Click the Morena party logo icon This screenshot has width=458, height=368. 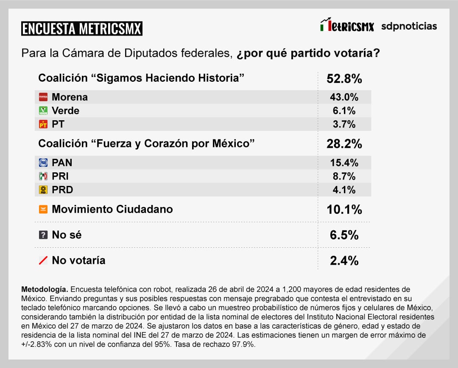click(x=43, y=97)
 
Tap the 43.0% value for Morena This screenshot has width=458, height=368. click(x=344, y=97)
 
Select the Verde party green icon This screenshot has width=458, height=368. click(x=43, y=111)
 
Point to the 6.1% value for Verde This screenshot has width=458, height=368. click(x=344, y=111)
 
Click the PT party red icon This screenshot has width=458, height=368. click(x=43, y=125)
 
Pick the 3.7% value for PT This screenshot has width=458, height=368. click(x=344, y=125)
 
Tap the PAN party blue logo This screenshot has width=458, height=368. click(x=43, y=163)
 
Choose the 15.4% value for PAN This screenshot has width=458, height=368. click(x=344, y=163)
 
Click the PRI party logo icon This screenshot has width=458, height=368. click(x=43, y=176)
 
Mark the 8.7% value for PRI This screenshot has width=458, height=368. click(x=344, y=176)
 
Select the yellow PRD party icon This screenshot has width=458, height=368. click(x=43, y=190)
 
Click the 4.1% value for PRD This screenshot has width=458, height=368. click(x=344, y=190)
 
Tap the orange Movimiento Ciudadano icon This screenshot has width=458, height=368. click(x=43, y=209)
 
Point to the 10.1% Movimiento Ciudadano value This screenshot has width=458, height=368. click(x=344, y=210)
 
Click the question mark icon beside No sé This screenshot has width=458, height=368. click(x=43, y=235)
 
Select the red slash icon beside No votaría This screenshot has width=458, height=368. click(x=43, y=260)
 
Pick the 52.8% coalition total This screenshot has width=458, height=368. click(x=344, y=79)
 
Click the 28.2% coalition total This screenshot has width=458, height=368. click(x=344, y=144)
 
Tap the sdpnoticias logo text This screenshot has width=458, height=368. click(x=409, y=26)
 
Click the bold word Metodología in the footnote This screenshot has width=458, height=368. click(x=45, y=289)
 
